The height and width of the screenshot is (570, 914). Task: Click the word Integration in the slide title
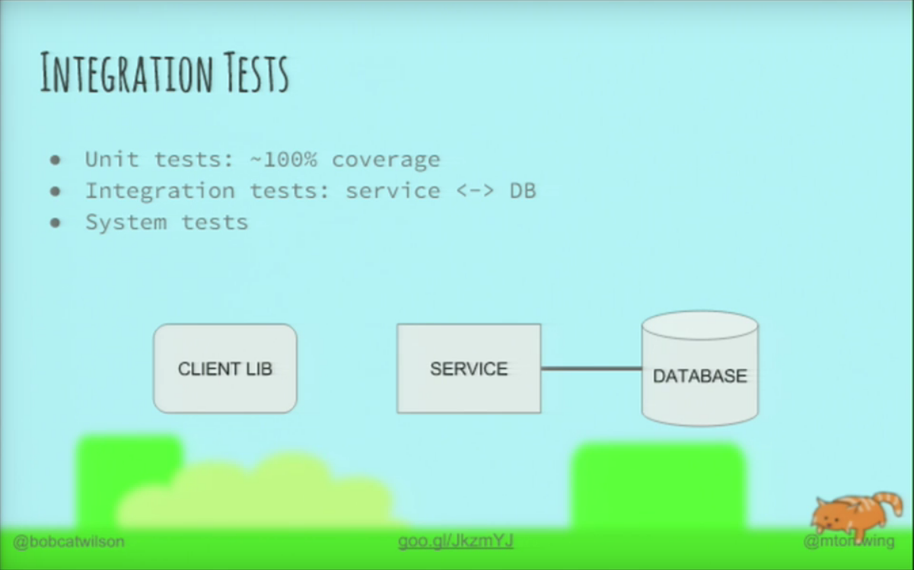click(x=126, y=73)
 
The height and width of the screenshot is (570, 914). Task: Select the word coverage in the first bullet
click(x=386, y=160)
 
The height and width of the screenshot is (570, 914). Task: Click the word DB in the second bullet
click(x=523, y=190)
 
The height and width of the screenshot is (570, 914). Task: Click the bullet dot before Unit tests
click(x=55, y=160)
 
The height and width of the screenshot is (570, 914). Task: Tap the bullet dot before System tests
click(x=55, y=223)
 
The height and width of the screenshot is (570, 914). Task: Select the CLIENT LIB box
click(x=225, y=369)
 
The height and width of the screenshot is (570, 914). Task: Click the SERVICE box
click(x=469, y=369)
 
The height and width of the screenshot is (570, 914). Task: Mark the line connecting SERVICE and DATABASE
click(x=591, y=368)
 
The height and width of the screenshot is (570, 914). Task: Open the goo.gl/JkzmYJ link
click(x=455, y=541)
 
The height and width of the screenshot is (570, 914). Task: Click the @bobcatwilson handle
click(x=68, y=542)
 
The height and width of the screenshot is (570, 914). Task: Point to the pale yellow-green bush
click(x=259, y=491)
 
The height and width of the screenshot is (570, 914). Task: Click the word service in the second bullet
click(x=393, y=190)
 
